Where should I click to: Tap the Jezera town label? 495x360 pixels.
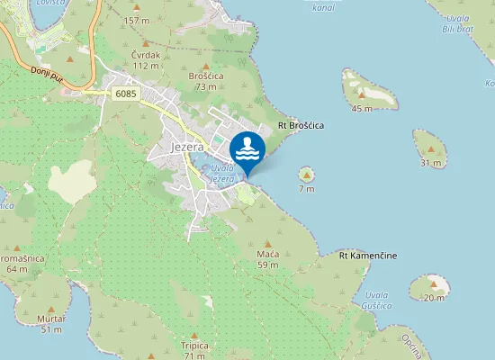click(188, 147)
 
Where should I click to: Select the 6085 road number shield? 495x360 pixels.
click(126, 93)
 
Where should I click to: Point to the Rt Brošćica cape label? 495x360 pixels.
click(301, 123)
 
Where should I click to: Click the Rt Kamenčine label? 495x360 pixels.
click(368, 256)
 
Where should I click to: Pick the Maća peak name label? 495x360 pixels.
click(267, 254)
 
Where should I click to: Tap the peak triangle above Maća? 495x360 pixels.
click(267, 243)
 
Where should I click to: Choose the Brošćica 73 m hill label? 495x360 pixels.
click(205, 76)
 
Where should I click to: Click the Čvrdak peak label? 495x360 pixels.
click(146, 55)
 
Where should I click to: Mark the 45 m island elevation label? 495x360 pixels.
click(362, 108)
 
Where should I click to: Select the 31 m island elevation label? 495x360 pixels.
click(431, 162)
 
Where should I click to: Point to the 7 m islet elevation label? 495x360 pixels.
click(307, 189)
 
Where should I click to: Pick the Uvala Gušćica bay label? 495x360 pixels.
click(378, 301)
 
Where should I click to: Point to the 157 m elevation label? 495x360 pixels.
click(137, 20)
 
